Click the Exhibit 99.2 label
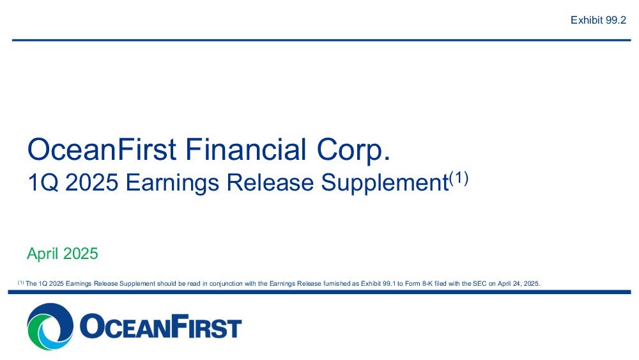(598, 20)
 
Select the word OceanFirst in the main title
(102, 150)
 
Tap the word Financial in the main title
(246, 150)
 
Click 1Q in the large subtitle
(43, 182)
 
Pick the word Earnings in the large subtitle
(173, 184)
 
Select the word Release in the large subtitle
(270, 182)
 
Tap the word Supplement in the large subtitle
(385, 184)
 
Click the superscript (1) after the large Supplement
(458, 178)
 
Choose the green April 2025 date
(63, 254)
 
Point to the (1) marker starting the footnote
(20, 283)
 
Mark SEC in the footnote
(480, 283)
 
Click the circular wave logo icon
(50, 326)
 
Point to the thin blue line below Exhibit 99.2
(321, 40)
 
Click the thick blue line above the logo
(319, 292)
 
